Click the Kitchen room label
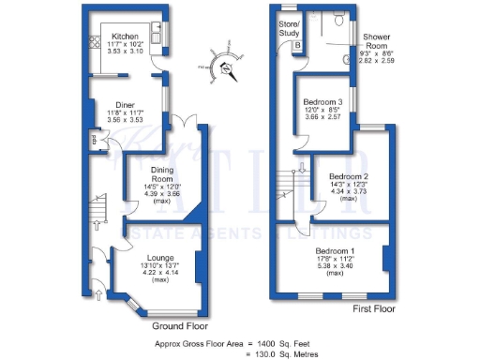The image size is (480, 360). [x=125, y=37]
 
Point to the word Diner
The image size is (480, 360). [x=125, y=105]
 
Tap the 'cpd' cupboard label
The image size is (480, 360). [x=94, y=141]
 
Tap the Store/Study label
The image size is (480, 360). [x=289, y=27]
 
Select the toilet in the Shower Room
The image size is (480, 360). [x=338, y=18]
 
